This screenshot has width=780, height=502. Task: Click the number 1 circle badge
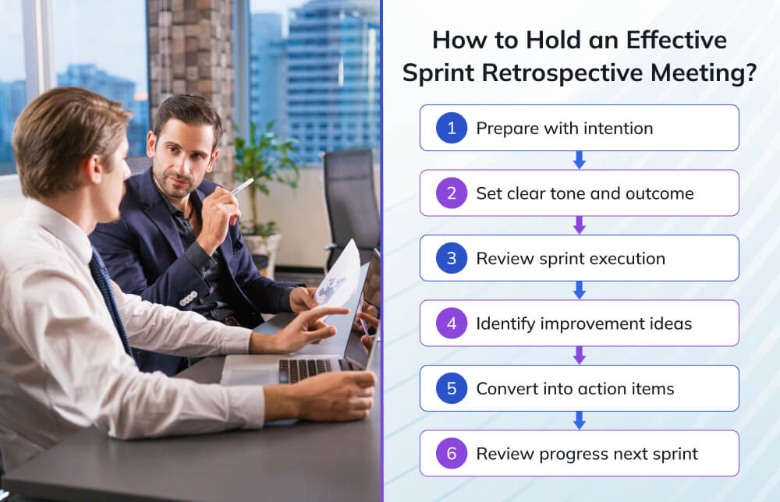(x=451, y=128)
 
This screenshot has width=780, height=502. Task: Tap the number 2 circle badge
(x=451, y=193)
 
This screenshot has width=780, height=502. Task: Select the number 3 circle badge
(x=451, y=258)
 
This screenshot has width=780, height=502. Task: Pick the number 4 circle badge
(x=451, y=323)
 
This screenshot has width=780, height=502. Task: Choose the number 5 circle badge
(x=451, y=388)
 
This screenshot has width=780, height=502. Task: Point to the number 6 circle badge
(x=451, y=453)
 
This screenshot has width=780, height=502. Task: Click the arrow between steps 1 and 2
(x=579, y=161)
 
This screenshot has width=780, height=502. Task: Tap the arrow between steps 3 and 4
(x=579, y=291)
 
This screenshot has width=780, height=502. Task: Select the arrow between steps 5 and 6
(x=579, y=421)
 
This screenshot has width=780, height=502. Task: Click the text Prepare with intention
(x=564, y=129)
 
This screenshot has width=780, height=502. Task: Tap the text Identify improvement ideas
(x=583, y=323)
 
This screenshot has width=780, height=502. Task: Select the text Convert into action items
(x=575, y=388)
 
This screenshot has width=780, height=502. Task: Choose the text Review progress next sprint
(x=587, y=454)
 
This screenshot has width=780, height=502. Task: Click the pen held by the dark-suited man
(x=242, y=187)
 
